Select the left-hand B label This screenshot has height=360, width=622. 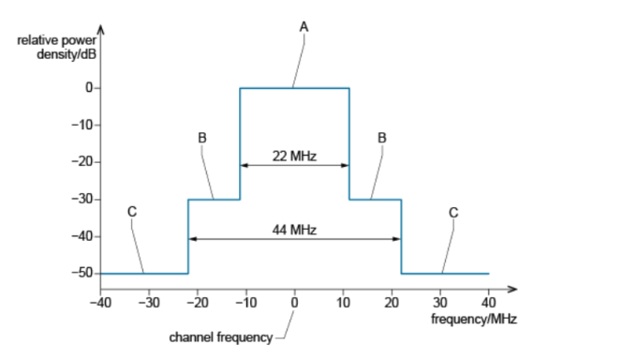[x=201, y=137]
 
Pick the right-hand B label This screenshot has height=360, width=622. [x=381, y=137]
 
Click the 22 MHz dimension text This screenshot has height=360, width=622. [x=294, y=155]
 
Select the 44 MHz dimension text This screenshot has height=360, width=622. [x=294, y=229]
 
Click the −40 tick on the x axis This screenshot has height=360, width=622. [x=100, y=302]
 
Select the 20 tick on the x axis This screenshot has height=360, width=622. [x=392, y=302]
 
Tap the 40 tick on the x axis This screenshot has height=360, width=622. [x=489, y=302]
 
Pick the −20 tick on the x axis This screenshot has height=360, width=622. [x=198, y=302]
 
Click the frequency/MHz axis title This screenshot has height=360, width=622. [x=474, y=319]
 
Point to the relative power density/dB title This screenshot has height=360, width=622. [x=56, y=44]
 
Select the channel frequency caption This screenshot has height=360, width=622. [x=219, y=336]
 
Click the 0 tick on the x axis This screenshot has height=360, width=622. [x=294, y=302]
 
